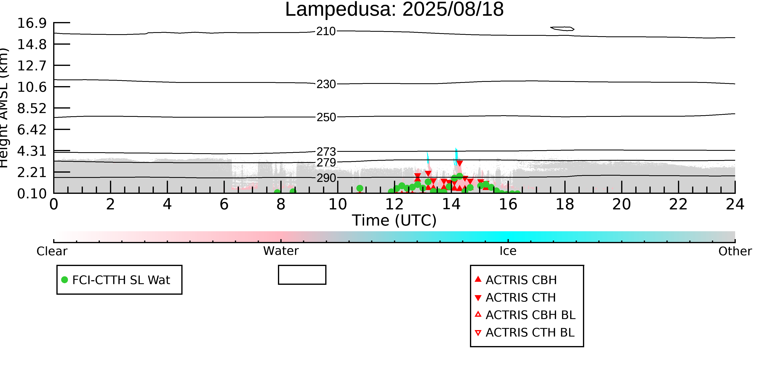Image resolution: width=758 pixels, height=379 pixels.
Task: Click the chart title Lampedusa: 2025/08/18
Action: (394, 10)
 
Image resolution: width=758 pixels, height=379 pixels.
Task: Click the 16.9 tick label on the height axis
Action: (32, 23)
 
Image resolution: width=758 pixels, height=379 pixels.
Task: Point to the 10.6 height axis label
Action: (32, 87)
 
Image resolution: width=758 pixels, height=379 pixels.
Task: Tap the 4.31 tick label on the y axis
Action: (32, 151)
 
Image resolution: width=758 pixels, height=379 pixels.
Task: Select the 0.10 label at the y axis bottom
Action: (32, 194)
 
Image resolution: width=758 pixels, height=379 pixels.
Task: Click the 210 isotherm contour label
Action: (326, 31)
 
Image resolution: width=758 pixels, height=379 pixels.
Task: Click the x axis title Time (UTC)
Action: (394, 220)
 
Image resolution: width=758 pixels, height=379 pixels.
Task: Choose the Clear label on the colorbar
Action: (52, 251)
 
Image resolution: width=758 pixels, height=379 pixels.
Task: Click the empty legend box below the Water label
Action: (302, 275)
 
